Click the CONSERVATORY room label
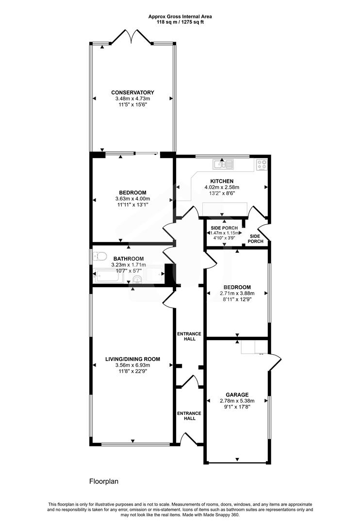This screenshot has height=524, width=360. point(132,93)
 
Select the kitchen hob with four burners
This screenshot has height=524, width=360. point(262,165)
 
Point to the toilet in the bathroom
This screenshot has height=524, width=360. point(101,256)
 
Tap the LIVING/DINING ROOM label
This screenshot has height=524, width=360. point(132,360)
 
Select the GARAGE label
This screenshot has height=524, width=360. point(237,394)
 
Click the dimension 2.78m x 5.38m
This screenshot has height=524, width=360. point(237,401)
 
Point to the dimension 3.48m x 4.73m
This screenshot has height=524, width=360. point(132,99)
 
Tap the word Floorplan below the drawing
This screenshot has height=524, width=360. point(104,482)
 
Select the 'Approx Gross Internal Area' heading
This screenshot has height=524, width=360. point(180,16)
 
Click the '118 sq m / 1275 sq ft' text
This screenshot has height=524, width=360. point(180,22)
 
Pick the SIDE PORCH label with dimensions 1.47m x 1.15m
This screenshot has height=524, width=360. point(224,228)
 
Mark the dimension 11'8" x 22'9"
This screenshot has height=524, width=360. point(132,372)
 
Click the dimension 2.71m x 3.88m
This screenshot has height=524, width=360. point(237,294)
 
